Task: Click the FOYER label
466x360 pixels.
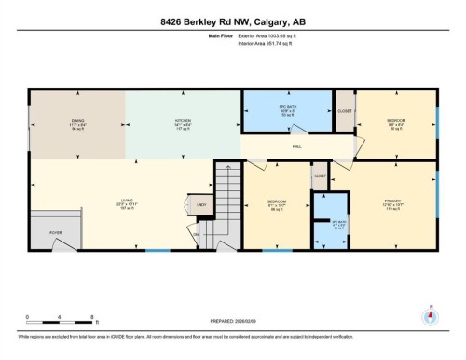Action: pyautogui.click(x=55, y=233)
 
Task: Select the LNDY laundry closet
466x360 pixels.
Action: pyautogui.click(x=200, y=204)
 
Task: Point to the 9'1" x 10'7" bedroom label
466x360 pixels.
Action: pyautogui.click(x=276, y=206)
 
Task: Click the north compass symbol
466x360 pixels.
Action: pyautogui.click(x=431, y=314)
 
